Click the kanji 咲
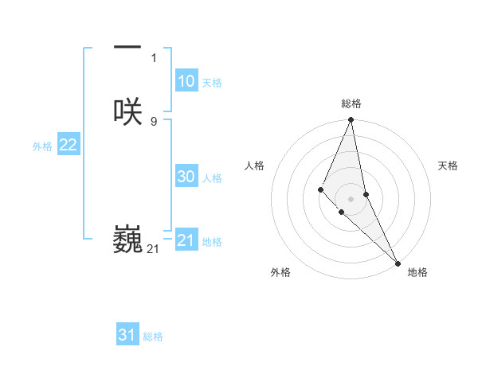point(127,112)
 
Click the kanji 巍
point(127,240)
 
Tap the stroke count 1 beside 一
point(154,58)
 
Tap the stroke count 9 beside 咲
point(154,121)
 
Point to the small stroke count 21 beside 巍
point(153,249)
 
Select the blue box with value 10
point(186,81)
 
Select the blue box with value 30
point(186,177)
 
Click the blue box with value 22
point(68,145)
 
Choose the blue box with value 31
point(127,335)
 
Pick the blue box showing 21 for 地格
point(186,240)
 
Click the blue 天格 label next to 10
point(212,83)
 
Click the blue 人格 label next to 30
point(212,178)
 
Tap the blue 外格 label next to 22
point(42,146)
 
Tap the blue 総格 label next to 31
point(153,337)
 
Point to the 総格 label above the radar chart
point(351,103)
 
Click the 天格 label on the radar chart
point(448,166)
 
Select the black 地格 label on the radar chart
point(417,272)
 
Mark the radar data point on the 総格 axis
point(351,120)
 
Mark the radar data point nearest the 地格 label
point(397,263)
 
